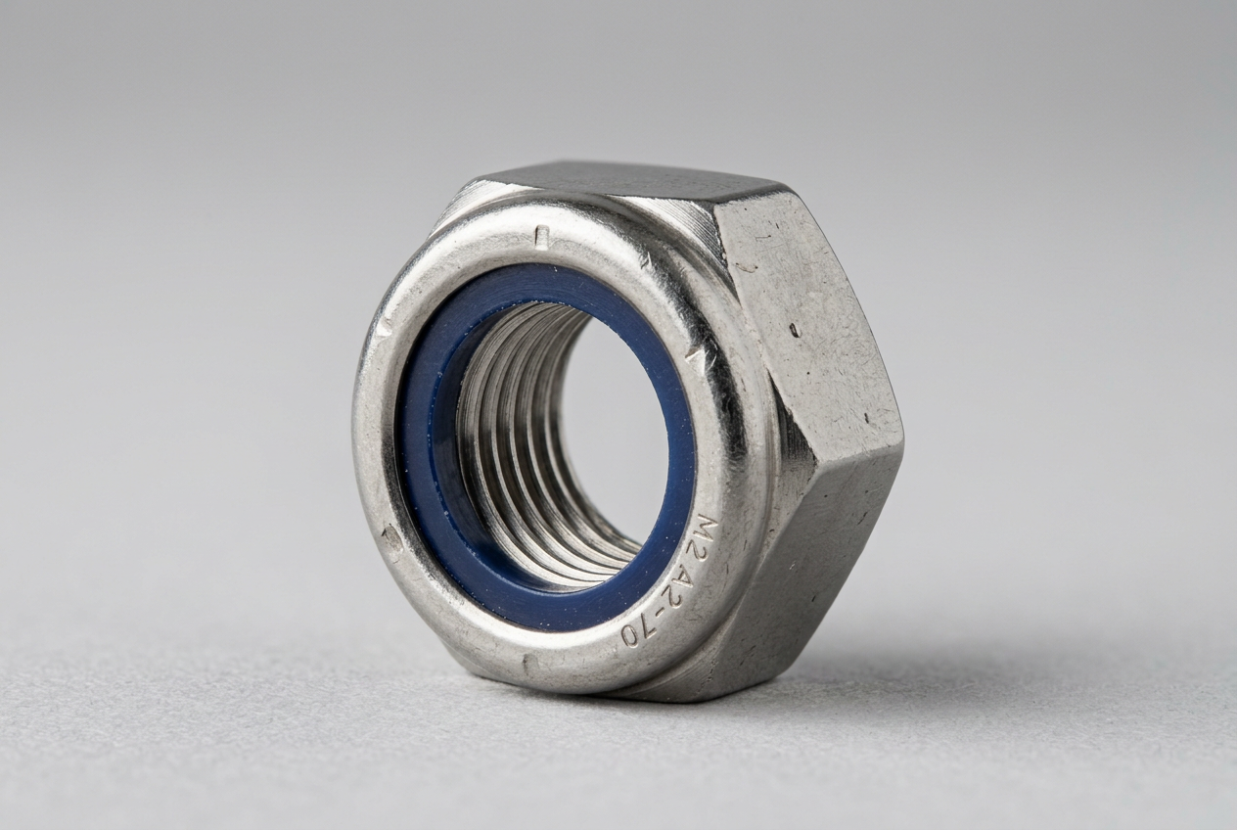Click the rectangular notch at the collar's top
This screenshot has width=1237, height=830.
click(542, 235)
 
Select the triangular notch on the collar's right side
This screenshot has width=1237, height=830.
click(695, 359)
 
